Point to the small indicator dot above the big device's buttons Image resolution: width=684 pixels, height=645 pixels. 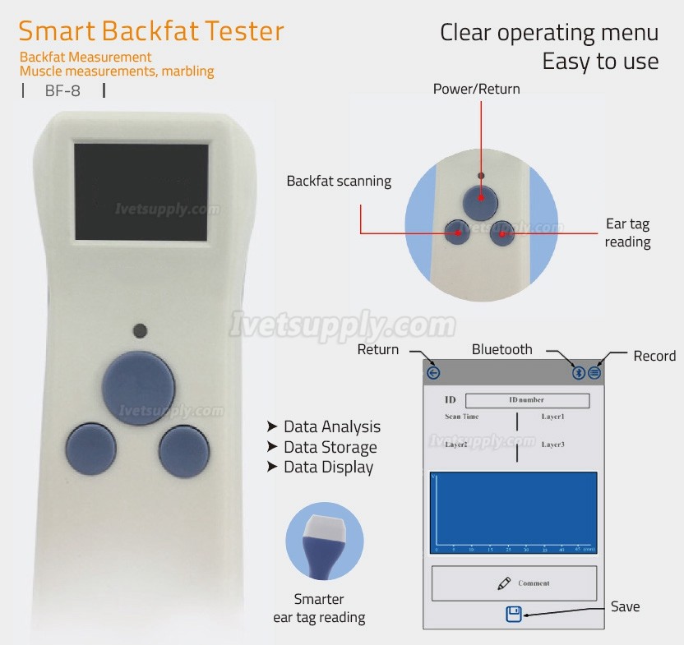(x=140, y=331)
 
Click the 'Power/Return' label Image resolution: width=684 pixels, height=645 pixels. (x=476, y=89)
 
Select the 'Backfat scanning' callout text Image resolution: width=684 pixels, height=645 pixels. (x=339, y=181)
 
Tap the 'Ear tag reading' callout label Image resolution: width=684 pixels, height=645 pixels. (x=628, y=233)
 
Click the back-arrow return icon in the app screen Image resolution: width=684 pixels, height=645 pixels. (x=434, y=373)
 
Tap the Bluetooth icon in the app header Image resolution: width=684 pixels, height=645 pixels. (x=579, y=373)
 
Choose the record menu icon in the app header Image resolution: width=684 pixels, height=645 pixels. (x=594, y=373)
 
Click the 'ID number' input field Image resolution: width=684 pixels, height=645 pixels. (x=527, y=400)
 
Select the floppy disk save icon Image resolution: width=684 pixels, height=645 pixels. (x=514, y=614)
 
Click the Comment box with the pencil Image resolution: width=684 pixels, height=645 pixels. (x=514, y=583)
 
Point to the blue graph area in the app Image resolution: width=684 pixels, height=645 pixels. (x=514, y=512)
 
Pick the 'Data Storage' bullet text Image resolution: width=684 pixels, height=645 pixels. (x=330, y=447)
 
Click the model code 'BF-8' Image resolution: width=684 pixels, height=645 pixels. (x=62, y=91)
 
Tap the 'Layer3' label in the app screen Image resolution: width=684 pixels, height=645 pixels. (x=552, y=445)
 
